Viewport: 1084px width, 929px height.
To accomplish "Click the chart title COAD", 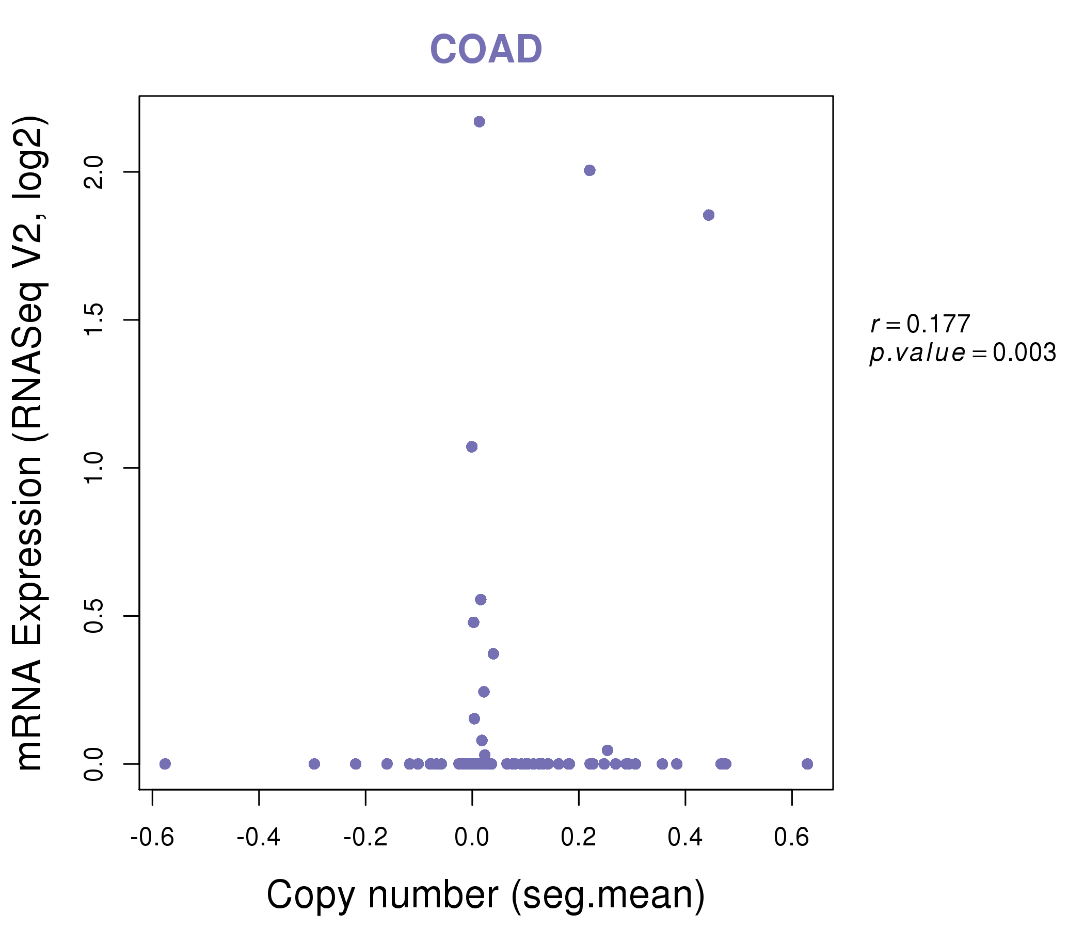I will [486, 49].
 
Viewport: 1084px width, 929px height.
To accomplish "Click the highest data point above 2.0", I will [479, 122].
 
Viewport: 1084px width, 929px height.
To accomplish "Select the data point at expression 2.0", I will [589, 170].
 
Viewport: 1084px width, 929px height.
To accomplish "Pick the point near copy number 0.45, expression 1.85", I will [709, 215].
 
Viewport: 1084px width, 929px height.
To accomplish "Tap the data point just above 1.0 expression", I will [472, 447].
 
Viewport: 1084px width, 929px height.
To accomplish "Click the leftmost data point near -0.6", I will [165, 764].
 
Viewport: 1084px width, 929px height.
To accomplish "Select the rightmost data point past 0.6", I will [807, 764].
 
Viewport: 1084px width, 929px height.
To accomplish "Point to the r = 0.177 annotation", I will [920, 324].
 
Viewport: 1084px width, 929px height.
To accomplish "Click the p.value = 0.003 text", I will [963, 353].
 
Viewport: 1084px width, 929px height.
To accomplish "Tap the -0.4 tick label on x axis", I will [259, 838].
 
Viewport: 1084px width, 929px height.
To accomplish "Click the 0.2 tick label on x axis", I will [579, 838].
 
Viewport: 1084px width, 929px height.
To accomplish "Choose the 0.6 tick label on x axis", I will [791, 838].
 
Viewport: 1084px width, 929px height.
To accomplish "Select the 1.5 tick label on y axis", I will [93, 319].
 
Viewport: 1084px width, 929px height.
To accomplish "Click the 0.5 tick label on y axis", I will [93, 616].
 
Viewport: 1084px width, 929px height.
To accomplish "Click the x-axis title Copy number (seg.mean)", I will [486, 895].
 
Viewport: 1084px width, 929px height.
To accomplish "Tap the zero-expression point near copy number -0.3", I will [314, 764].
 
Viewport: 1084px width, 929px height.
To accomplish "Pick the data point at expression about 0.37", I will [493, 654].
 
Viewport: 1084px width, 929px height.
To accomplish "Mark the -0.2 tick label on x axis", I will [365, 838].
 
